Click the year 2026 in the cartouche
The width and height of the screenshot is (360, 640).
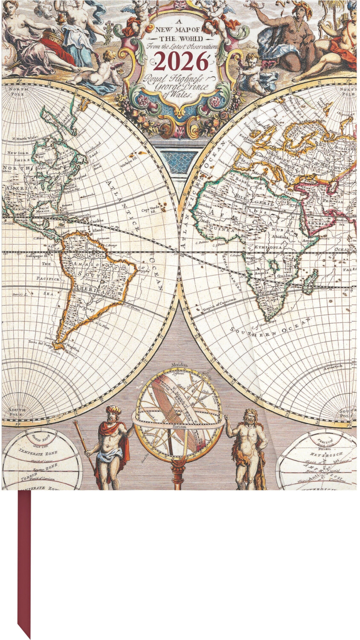tap(181, 62)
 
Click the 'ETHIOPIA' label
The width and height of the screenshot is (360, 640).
tap(269, 247)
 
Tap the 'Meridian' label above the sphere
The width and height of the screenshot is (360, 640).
tap(179, 365)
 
